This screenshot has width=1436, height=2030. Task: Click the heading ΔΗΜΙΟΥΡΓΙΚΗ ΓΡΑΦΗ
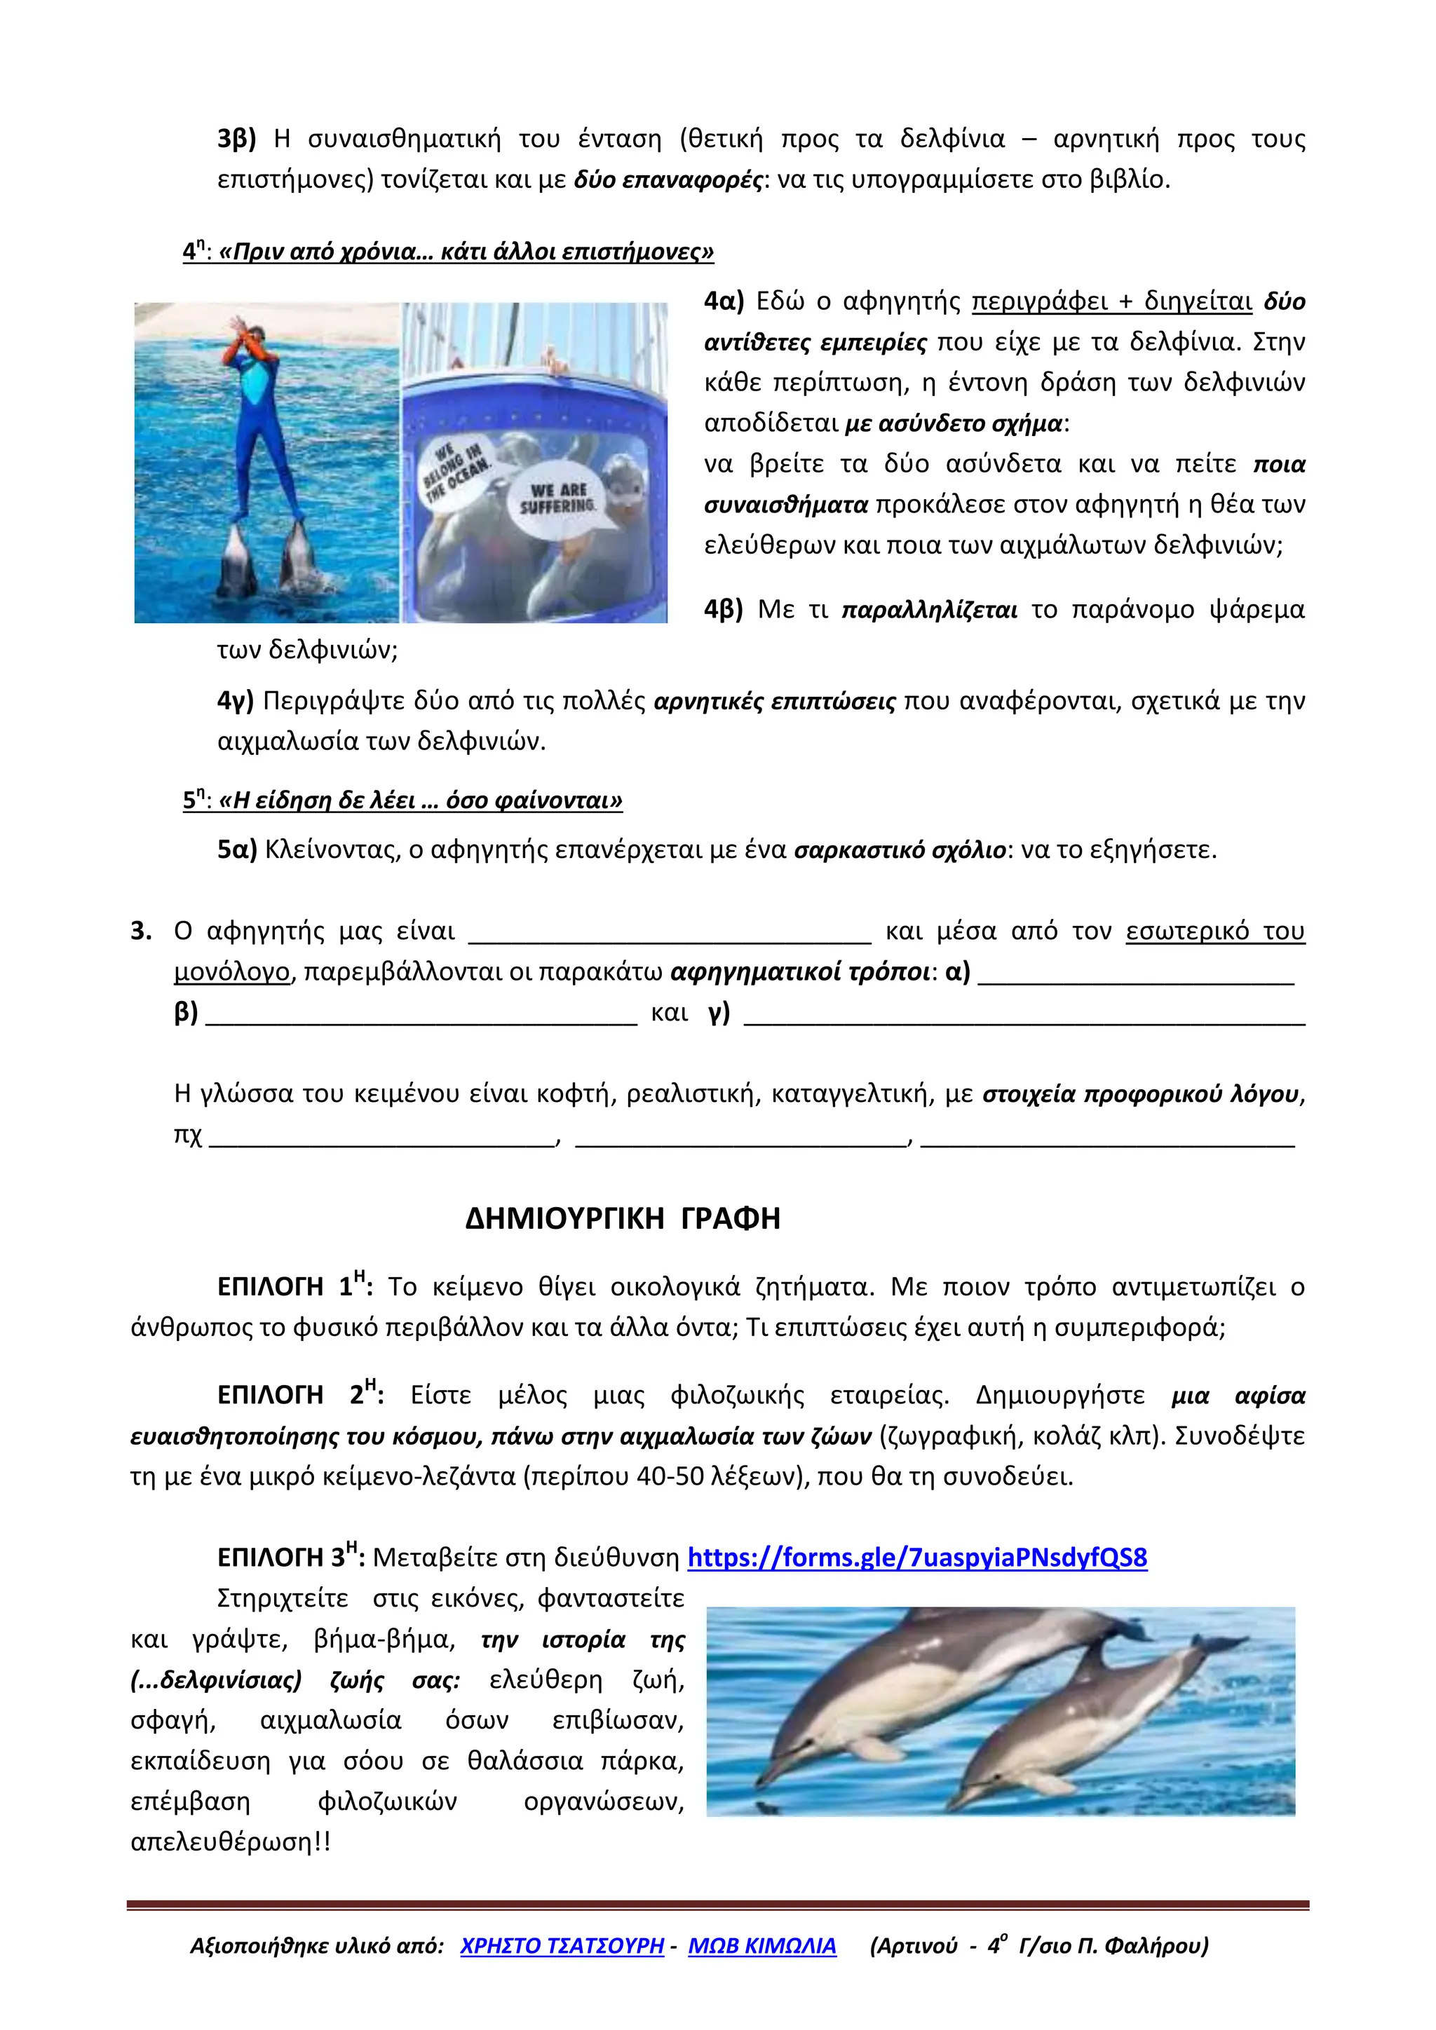[623, 1219]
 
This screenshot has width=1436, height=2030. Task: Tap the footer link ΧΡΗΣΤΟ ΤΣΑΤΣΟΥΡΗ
[562, 1946]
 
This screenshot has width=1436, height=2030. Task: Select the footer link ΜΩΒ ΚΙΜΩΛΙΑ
[761, 1946]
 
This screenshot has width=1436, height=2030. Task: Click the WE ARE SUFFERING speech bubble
[559, 500]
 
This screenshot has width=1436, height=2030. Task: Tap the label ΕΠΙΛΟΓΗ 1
[294, 1287]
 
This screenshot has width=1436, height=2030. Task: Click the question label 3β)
[236, 139]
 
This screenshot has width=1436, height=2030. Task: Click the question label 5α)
[236, 850]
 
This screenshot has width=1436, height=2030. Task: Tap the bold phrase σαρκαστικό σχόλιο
[900, 850]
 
